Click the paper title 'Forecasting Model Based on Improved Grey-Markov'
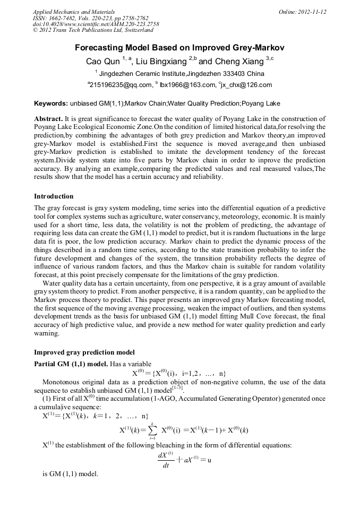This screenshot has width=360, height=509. coord(179,47)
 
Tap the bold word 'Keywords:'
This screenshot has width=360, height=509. coord(50,103)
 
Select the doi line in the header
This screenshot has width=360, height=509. coord(96,24)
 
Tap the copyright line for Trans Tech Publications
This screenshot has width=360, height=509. coord(89,31)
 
